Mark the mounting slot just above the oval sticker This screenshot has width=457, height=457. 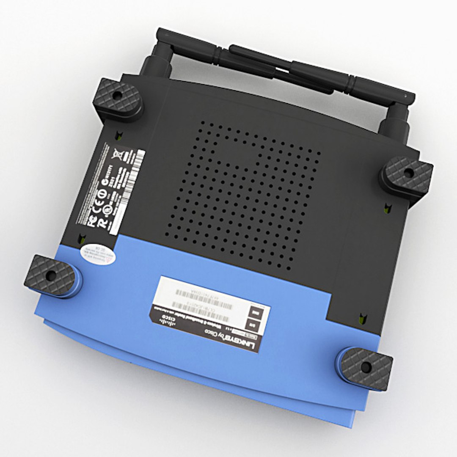coord(80,241)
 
